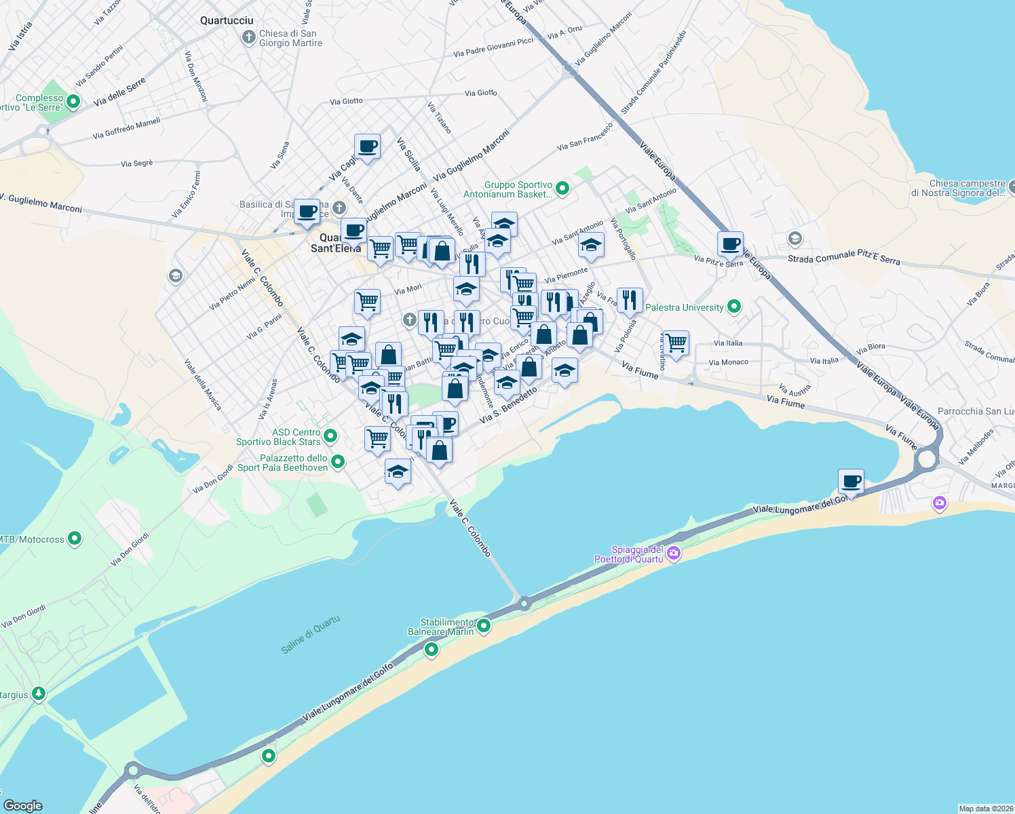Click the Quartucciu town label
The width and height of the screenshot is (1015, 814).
click(227, 20)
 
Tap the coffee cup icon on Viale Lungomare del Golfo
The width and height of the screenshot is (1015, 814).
click(851, 482)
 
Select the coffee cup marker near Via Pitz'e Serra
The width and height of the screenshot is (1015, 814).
click(730, 244)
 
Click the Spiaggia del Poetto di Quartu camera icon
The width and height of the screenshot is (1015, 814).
click(673, 554)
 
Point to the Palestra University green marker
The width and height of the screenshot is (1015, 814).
click(733, 307)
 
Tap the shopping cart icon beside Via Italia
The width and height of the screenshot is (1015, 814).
click(676, 343)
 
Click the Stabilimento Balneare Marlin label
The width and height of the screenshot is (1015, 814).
click(440, 627)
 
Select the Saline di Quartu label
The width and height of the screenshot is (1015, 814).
click(310, 634)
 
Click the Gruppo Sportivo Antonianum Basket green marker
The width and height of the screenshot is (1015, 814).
click(562, 189)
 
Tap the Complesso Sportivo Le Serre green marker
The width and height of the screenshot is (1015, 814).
click(73, 102)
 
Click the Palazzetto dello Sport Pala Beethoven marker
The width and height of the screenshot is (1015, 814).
click(337, 462)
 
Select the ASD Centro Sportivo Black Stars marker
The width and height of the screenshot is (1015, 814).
click(330, 435)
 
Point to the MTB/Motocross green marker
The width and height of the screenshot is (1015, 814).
click(75, 539)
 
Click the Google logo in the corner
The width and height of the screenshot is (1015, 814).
click(23, 805)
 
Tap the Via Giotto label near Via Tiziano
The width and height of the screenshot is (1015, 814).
click(480, 93)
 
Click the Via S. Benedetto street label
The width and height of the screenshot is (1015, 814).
click(508, 406)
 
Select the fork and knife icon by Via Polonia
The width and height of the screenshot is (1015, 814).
click(630, 299)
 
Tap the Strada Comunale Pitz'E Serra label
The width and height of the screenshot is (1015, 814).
click(843, 257)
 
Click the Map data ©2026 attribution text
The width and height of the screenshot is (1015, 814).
click(985, 808)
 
